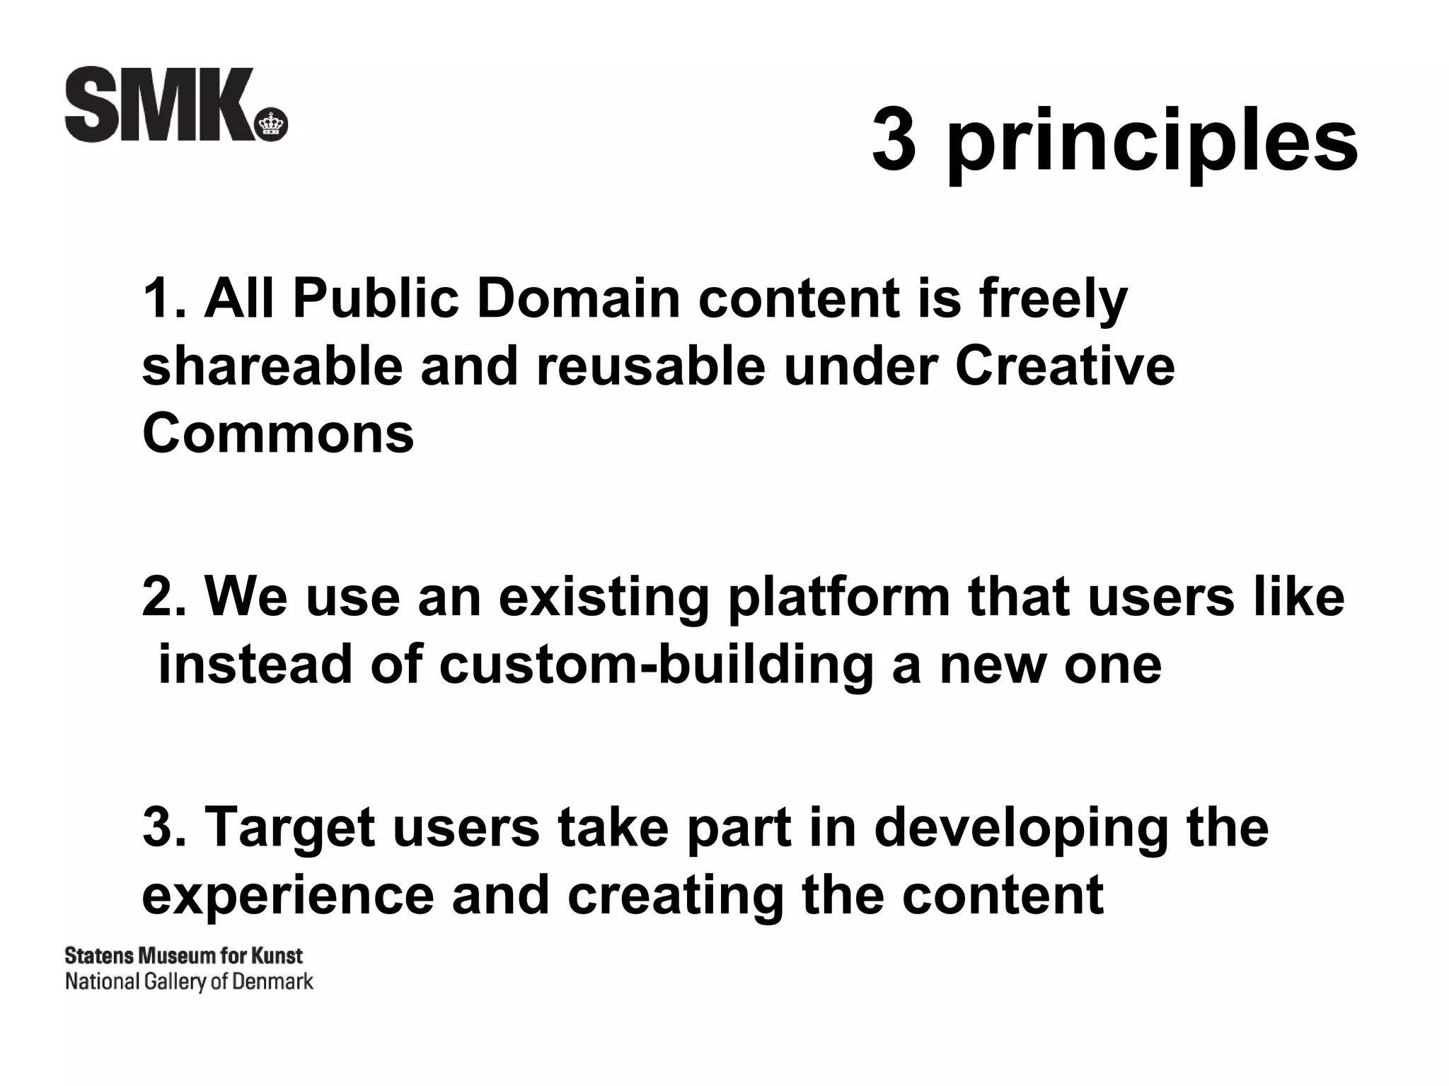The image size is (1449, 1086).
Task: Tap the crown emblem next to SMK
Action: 271,127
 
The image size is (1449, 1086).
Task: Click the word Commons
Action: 278,433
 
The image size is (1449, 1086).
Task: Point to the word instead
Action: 255,665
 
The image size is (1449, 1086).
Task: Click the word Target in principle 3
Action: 291,829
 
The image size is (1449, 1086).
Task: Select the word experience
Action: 288,895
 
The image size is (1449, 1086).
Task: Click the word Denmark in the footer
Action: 272,982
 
